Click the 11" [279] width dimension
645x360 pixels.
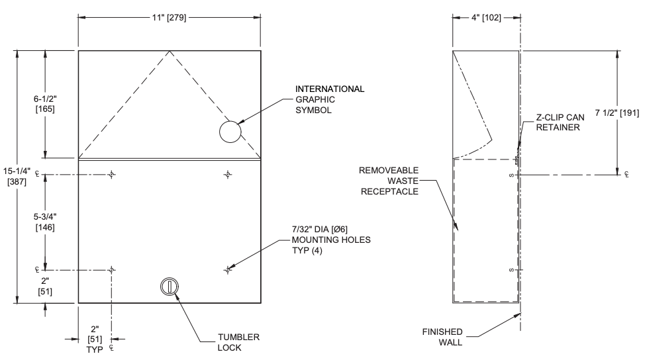[169, 18]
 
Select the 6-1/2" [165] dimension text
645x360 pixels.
[45, 103]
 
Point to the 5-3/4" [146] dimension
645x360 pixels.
[45, 222]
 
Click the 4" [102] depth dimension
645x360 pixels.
[485, 18]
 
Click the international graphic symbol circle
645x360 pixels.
[229, 132]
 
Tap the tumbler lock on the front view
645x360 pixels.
[170, 287]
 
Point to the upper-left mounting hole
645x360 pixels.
[112, 175]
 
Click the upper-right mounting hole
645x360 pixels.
[228, 175]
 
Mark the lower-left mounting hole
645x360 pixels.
[112, 270]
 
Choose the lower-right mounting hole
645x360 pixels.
[228, 270]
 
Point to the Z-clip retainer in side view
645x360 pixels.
[516, 158]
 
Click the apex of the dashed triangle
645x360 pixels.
[169, 51]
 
